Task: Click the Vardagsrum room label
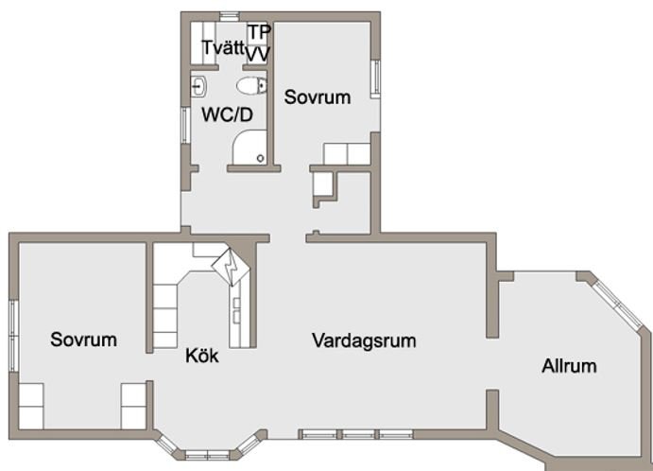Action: (x=364, y=340)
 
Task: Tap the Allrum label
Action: (x=569, y=366)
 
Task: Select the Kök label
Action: (x=202, y=356)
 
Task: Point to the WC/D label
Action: (x=228, y=114)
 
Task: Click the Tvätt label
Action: (x=224, y=47)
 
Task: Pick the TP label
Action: (x=259, y=32)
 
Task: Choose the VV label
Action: (x=258, y=54)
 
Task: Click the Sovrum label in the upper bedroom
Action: (x=318, y=97)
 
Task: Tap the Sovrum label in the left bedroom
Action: (x=84, y=340)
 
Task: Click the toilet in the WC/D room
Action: (x=251, y=86)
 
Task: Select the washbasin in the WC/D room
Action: (x=198, y=87)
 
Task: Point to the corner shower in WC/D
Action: (x=249, y=148)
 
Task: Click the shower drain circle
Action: (x=261, y=158)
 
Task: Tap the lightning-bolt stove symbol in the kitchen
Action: (x=231, y=267)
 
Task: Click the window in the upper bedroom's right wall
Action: (x=375, y=78)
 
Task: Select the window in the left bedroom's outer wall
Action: (x=14, y=336)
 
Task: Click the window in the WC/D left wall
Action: (x=185, y=126)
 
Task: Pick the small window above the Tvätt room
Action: (x=229, y=17)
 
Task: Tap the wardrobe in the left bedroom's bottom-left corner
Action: (x=31, y=406)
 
